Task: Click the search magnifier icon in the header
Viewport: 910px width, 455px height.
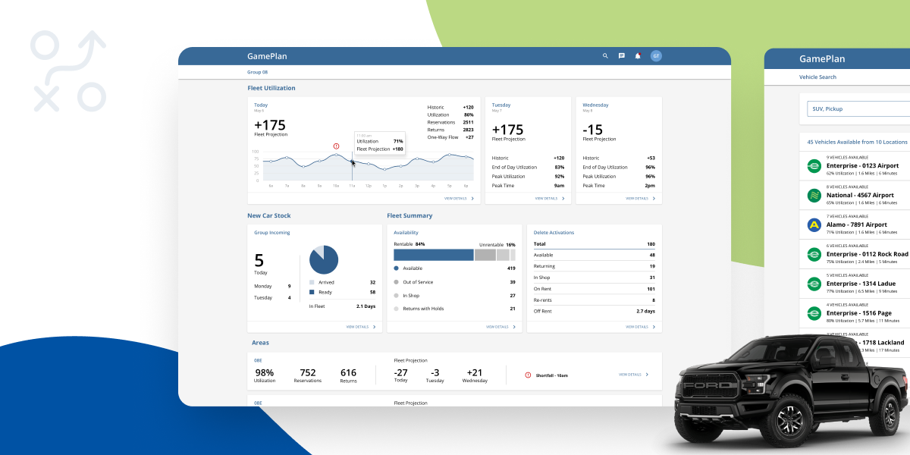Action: click(605, 56)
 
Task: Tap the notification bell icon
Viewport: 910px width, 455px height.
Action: click(638, 55)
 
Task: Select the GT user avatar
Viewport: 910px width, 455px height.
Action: click(656, 56)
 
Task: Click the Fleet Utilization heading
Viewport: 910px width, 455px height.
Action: click(271, 88)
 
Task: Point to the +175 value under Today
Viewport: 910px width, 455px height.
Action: click(270, 124)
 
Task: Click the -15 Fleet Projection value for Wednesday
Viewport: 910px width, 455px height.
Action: click(593, 129)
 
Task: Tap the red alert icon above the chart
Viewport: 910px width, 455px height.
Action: click(336, 146)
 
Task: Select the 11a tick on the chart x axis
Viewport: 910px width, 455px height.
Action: click(352, 185)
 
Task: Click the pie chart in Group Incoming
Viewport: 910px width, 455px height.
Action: click(324, 259)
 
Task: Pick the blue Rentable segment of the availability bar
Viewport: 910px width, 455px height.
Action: click(433, 255)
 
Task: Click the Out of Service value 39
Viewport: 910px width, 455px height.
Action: click(512, 282)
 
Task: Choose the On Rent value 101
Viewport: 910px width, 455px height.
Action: click(651, 289)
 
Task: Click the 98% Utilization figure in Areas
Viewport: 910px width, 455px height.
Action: click(265, 372)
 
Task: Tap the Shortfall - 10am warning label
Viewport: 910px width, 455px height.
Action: click(551, 375)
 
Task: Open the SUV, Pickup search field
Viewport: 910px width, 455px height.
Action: click(857, 109)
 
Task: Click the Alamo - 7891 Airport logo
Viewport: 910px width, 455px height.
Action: click(814, 225)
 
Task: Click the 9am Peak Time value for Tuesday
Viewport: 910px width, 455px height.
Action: click(559, 186)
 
